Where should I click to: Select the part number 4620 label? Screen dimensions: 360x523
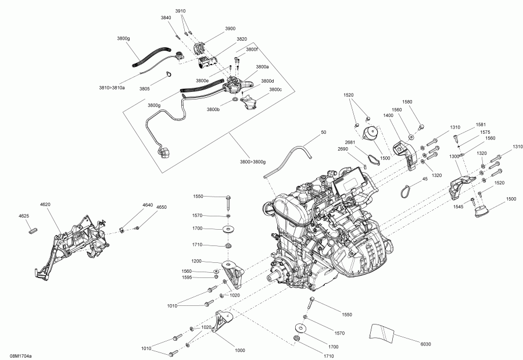(45, 205)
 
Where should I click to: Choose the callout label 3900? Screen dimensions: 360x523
(230, 28)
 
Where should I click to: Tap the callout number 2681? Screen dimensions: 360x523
(349, 142)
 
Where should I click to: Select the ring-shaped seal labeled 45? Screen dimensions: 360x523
(406, 189)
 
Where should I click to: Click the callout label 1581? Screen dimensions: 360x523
(481, 124)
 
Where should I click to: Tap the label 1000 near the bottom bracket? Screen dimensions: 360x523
(240, 350)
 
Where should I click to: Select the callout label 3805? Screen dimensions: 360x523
(144, 88)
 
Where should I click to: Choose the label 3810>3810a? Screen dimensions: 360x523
(112, 87)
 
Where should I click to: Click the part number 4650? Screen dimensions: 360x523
(161, 206)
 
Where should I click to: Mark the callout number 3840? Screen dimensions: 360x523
(166, 18)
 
